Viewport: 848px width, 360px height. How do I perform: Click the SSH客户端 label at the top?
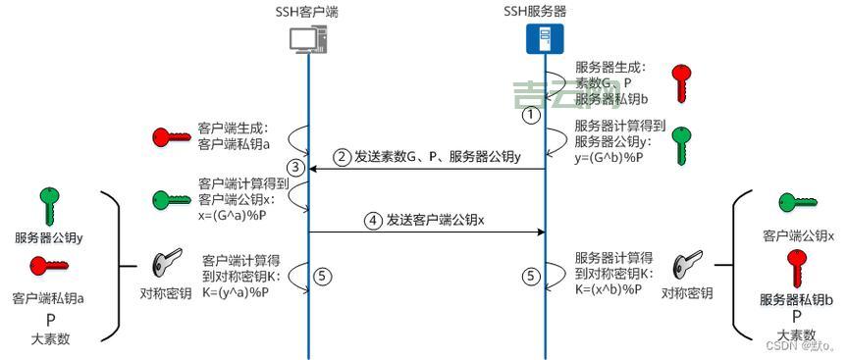pyautogui.click(x=309, y=12)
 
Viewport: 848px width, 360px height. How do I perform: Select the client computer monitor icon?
pyautogui.click(x=308, y=38)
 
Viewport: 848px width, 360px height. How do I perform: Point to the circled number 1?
pyautogui.click(x=531, y=114)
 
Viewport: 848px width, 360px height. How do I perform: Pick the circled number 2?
pyautogui.click(x=343, y=157)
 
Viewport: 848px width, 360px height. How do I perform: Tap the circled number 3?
pyautogui.click(x=293, y=164)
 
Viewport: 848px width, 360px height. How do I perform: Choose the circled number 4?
pyautogui.click(x=373, y=221)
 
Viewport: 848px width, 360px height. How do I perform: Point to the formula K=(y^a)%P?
pyautogui.click(x=239, y=291)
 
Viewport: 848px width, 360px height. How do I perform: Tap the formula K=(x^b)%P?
pyautogui.click(x=609, y=289)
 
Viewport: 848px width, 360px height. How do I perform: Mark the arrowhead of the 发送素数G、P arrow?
pyautogui.click(x=314, y=169)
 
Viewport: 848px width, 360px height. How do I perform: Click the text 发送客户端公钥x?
pyautogui.click(x=436, y=221)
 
